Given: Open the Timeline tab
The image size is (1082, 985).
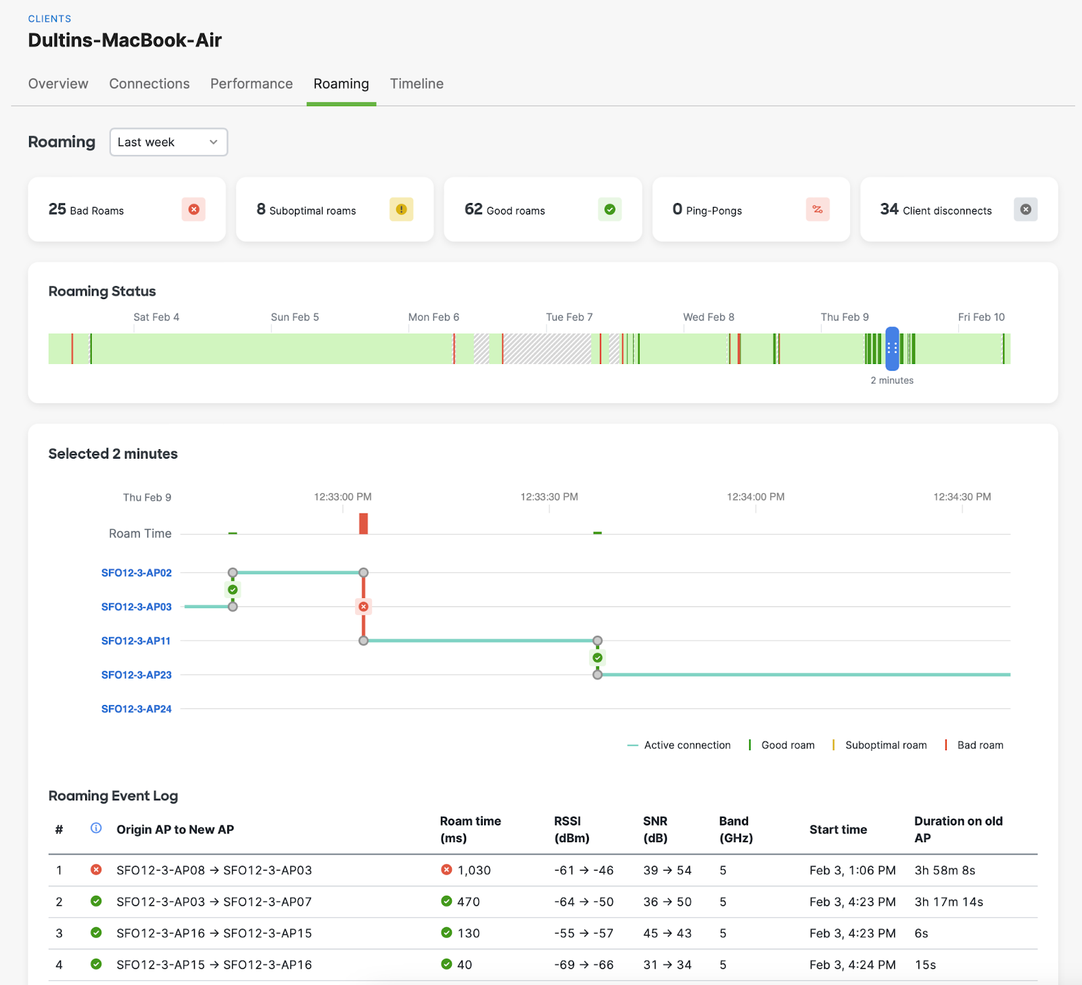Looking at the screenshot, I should [417, 84].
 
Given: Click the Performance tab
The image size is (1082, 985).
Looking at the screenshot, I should [252, 84].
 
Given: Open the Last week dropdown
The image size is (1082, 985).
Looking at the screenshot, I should [168, 142].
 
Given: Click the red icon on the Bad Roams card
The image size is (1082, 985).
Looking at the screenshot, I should [193, 210].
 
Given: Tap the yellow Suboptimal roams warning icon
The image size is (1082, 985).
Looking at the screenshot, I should [401, 210].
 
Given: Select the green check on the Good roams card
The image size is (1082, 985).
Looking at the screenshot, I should [609, 210].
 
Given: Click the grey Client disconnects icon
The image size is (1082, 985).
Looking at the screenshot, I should [1025, 210].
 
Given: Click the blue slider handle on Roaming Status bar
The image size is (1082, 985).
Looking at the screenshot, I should [892, 348].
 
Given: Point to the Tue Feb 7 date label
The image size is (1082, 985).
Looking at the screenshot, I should [569, 317].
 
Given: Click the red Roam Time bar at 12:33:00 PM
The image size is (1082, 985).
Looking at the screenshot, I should [363, 524].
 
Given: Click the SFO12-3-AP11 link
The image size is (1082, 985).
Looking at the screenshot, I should [136, 641].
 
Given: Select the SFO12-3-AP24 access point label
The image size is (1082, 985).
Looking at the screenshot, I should [137, 709].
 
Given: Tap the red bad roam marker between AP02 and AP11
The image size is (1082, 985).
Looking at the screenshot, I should [364, 607].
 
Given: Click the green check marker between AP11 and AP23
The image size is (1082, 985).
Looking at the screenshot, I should [597, 658].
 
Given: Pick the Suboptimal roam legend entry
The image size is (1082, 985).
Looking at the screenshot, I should [885, 745].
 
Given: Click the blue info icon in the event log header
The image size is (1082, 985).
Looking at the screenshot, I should [96, 828].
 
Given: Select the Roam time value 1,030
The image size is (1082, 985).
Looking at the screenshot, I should [473, 871].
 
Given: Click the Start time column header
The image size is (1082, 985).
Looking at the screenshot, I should [838, 829].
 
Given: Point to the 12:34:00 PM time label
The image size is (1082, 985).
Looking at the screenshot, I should [755, 497].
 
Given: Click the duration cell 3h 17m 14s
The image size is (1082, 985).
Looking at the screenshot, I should [948, 902].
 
